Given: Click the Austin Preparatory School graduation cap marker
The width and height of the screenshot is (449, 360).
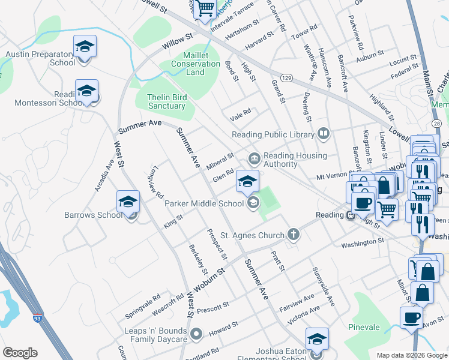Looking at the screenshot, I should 85,46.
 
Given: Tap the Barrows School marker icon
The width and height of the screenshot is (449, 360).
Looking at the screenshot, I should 127,202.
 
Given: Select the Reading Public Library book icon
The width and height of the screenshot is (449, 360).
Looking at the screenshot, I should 324,133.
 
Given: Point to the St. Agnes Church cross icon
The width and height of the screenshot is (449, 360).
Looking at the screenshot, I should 293,235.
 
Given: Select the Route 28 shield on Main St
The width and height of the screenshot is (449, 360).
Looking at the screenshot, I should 436,123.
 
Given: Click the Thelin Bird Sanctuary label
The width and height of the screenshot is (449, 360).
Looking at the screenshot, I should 167,101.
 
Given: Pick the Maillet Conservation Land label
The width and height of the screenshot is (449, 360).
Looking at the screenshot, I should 195,68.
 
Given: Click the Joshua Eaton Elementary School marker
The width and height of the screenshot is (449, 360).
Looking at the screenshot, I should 317,340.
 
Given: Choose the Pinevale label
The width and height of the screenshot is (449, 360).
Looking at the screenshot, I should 364,327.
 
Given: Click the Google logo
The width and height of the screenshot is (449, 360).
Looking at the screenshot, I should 20,353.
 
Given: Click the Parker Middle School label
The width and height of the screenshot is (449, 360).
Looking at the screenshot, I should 204,203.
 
